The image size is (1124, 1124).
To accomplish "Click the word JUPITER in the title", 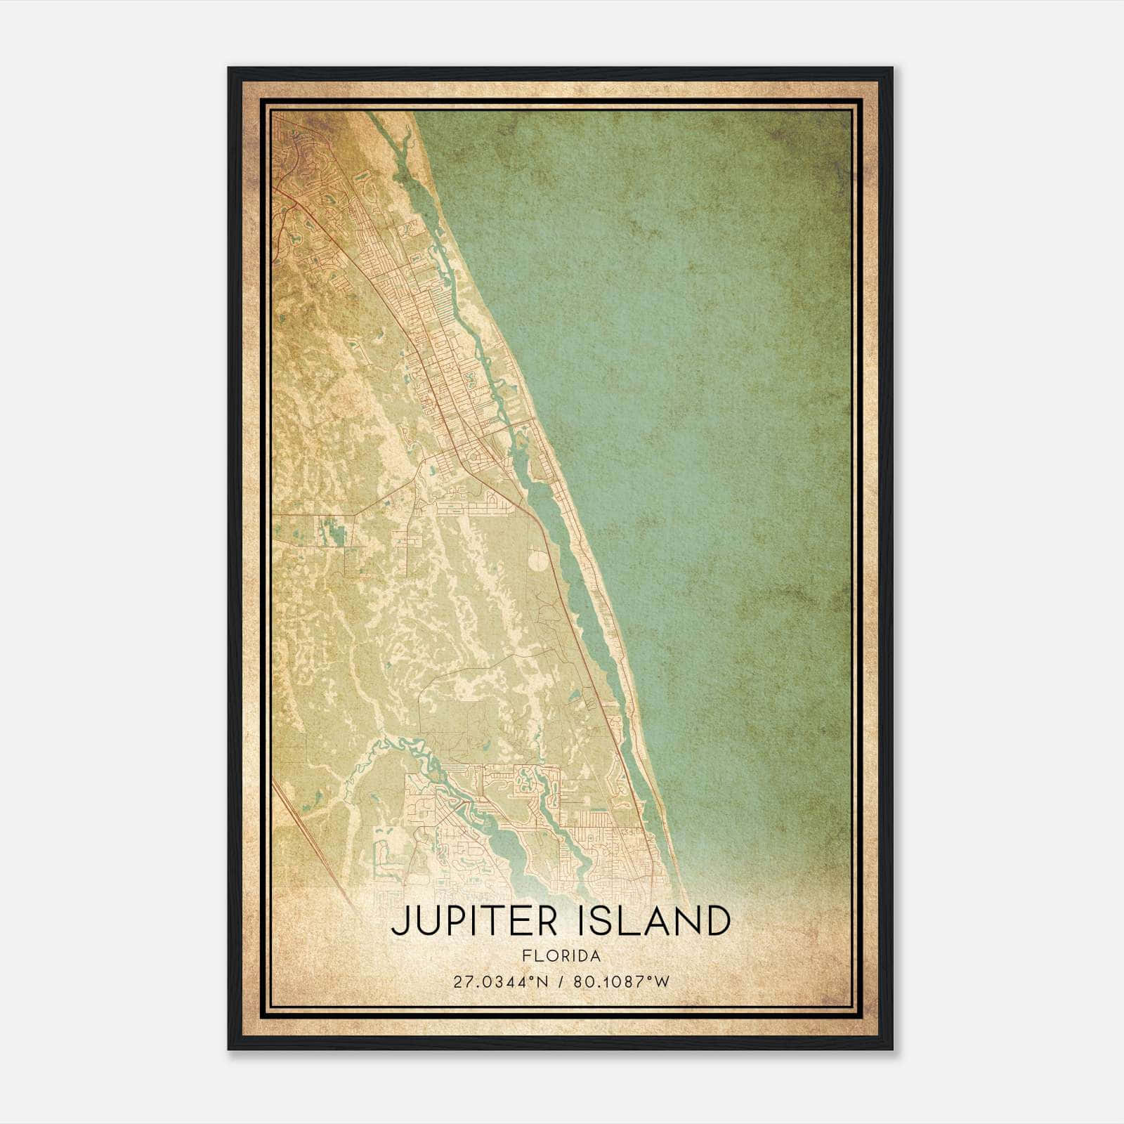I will pyautogui.click(x=476, y=921).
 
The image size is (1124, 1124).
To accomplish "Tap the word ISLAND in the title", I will pyautogui.click(x=655, y=921).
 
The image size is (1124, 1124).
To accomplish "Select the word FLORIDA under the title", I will pyautogui.click(x=561, y=956).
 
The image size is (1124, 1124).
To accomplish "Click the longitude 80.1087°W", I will pyautogui.click(x=622, y=981).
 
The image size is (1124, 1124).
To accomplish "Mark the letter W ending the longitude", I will pyautogui.click(x=663, y=981).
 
